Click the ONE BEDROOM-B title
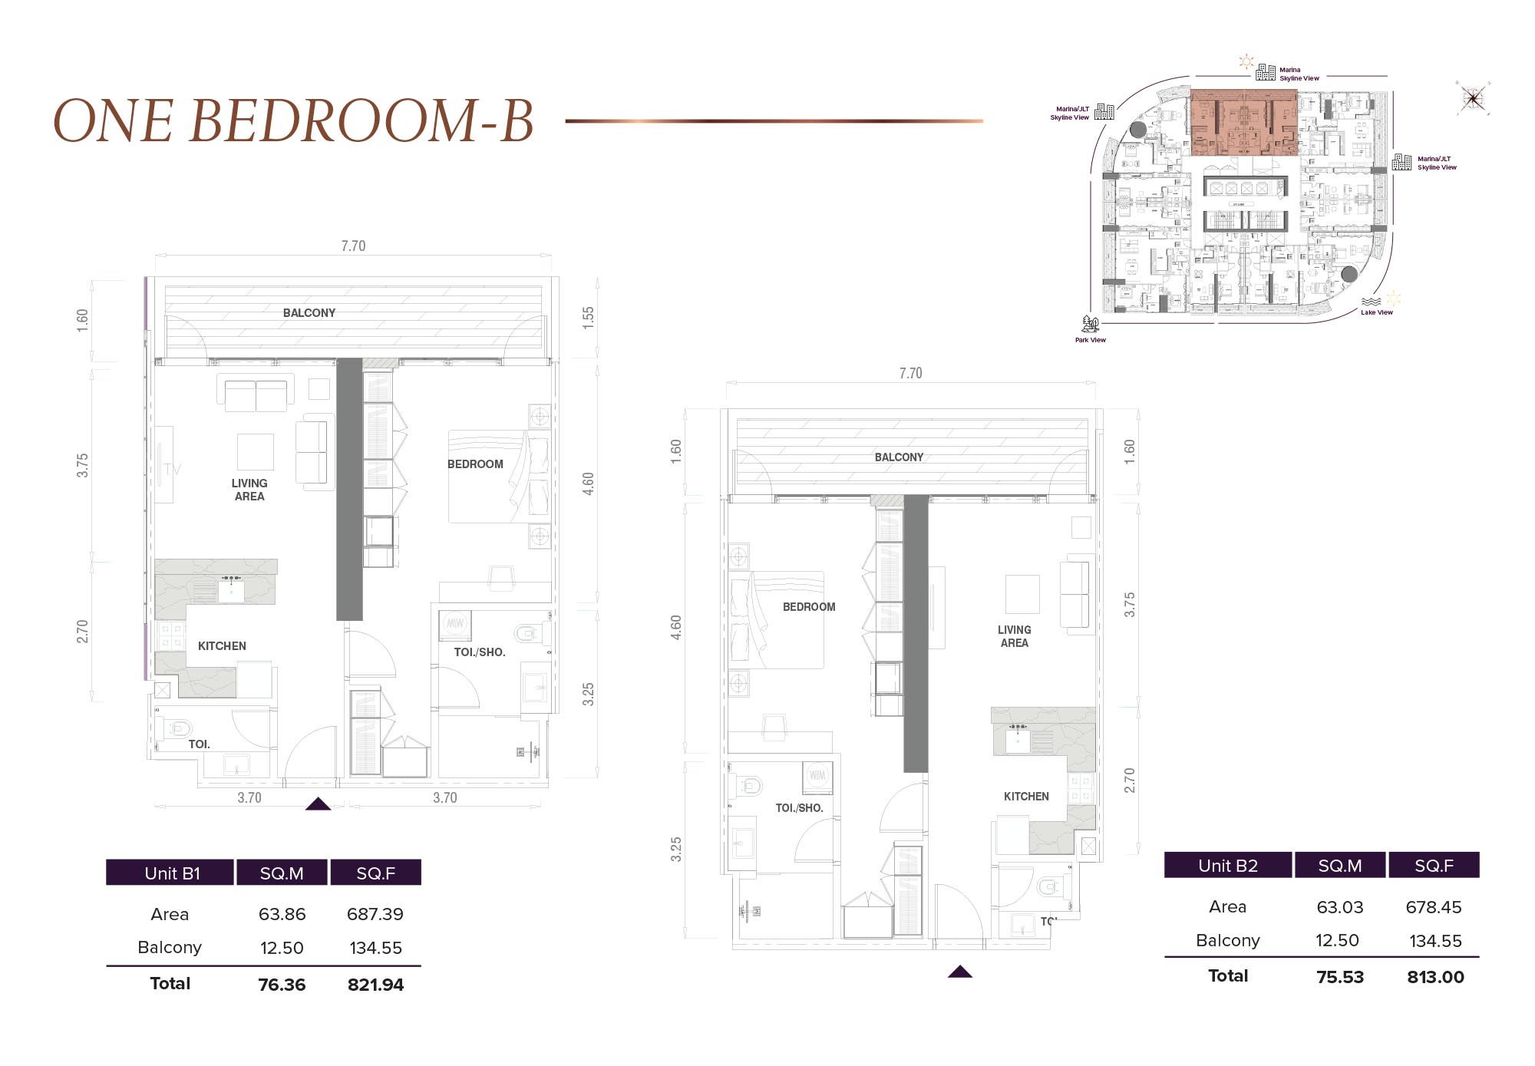point(293,120)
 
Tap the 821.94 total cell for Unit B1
point(375,985)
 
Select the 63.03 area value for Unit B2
point(1340,907)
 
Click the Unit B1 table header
point(172,873)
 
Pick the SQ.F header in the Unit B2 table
point(1434,866)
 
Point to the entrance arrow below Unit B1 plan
point(318,804)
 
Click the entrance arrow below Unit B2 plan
point(959,972)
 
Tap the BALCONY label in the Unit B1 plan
point(309,313)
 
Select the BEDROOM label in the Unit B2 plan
point(809,607)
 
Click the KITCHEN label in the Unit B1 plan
point(222,646)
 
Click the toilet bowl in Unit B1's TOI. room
point(178,728)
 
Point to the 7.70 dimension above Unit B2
point(910,374)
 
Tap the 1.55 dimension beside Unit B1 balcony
point(588,318)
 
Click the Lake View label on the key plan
point(1376,312)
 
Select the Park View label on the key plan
point(1090,340)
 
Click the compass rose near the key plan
point(1473,98)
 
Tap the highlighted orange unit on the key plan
point(1243,123)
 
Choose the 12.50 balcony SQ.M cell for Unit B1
point(282,948)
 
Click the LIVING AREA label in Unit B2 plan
point(1014,636)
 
